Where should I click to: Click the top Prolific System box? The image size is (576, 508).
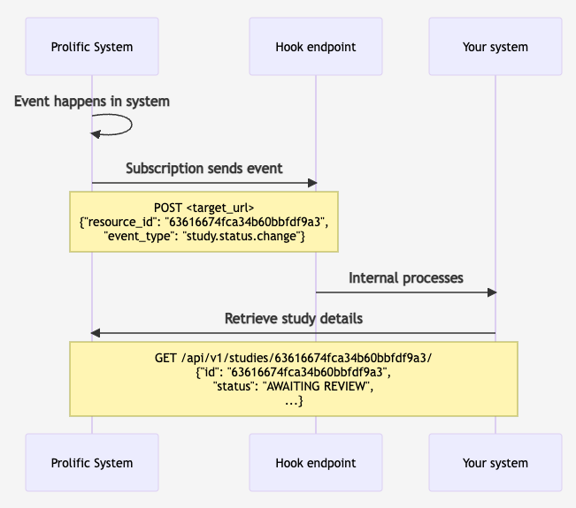click(92, 47)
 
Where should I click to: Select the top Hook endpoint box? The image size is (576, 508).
click(316, 47)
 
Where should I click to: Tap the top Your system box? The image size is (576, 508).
click(495, 47)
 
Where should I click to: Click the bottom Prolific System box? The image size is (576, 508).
click(92, 462)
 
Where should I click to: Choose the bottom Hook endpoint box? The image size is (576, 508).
click(316, 462)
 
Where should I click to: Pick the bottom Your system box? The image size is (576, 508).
click(495, 462)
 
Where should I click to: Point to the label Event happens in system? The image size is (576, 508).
click(92, 102)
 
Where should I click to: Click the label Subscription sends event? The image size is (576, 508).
click(204, 168)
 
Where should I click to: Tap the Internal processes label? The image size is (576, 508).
click(405, 277)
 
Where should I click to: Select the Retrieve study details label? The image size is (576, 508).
click(293, 318)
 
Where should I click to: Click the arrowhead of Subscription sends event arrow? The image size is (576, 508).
click(311, 183)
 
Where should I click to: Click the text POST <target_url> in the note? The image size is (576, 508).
click(204, 207)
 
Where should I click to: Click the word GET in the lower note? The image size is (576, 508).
click(166, 358)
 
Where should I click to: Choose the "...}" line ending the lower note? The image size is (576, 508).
click(293, 401)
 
